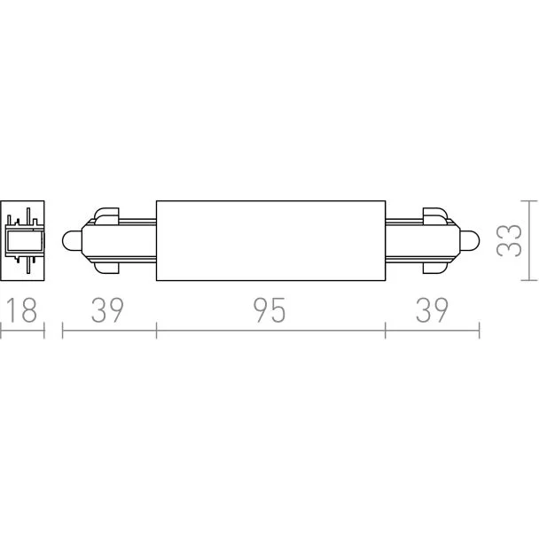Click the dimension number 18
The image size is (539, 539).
[x=21, y=310]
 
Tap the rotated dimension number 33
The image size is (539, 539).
[x=510, y=240]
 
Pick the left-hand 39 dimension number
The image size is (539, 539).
[x=107, y=310]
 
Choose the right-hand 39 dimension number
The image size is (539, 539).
[x=432, y=310]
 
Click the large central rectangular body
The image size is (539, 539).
[x=271, y=240]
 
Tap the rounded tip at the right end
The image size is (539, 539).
[x=470, y=240]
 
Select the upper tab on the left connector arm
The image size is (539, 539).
[x=106, y=216]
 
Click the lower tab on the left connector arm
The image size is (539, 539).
[x=106, y=265]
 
